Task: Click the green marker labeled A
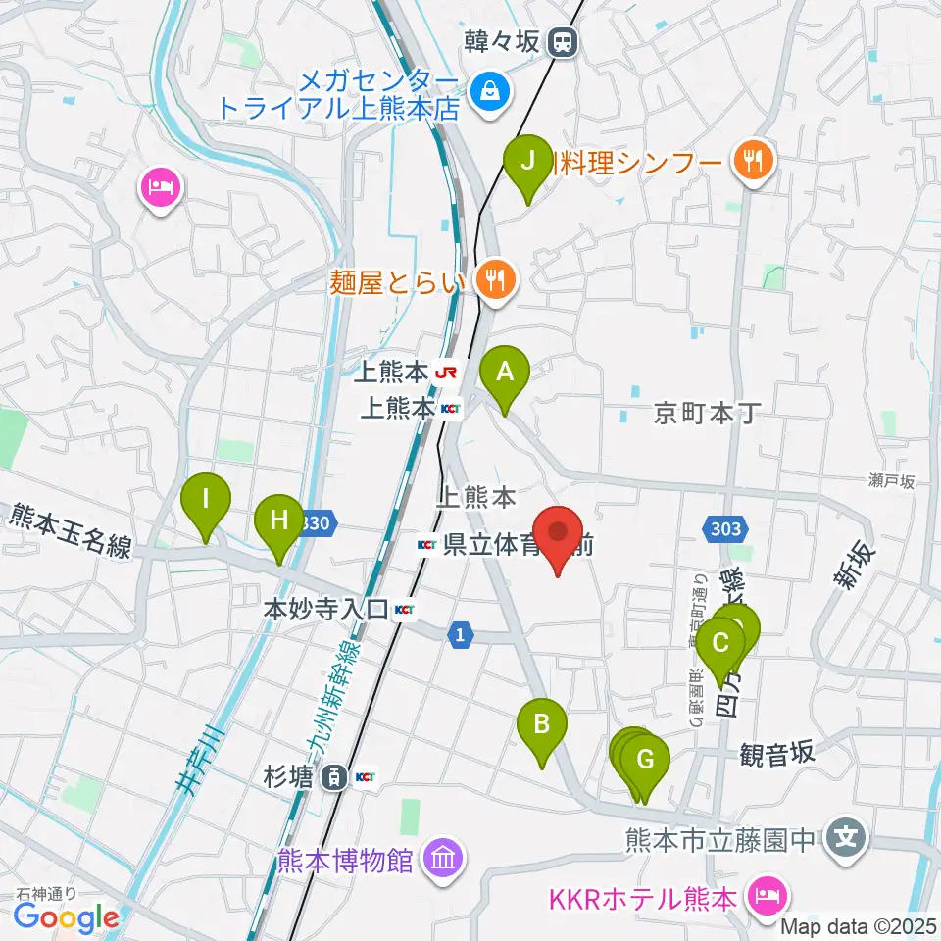click(x=505, y=373)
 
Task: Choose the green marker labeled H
click(x=279, y=520)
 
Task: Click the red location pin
click(x=559, y=535)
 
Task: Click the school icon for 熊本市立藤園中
click(x=846, y=839)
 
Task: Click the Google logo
click(x=67, y=916)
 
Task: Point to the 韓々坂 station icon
click(x=563, y=42)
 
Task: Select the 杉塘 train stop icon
click(x=335, y=778)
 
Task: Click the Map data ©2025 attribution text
click(x=860, y=925)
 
